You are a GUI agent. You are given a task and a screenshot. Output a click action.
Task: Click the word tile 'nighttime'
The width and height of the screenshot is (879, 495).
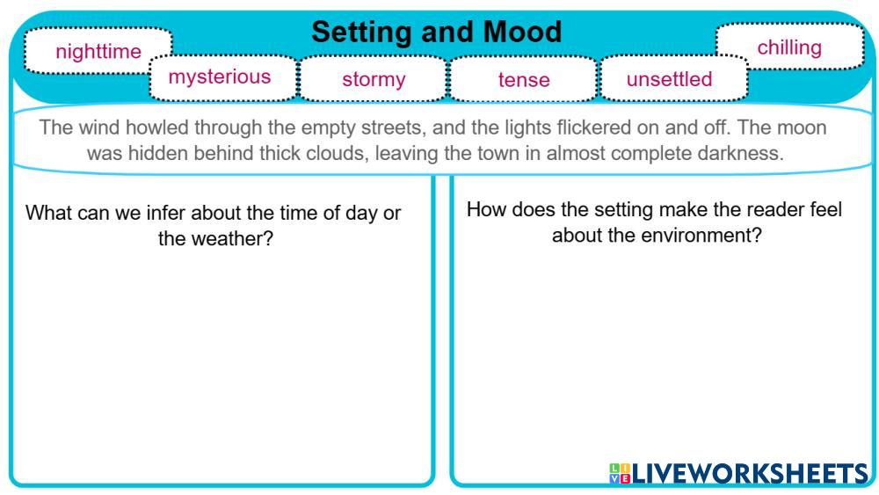pos(98,50)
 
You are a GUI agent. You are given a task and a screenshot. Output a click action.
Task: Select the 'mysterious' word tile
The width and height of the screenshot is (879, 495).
pos(222,77)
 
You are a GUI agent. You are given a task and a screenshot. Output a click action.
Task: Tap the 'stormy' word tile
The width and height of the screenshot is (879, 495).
pos(374,79)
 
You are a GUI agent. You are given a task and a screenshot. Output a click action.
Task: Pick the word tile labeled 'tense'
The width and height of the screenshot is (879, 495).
pos(524,79)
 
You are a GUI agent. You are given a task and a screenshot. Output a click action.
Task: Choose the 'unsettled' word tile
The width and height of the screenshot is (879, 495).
pos(673,78)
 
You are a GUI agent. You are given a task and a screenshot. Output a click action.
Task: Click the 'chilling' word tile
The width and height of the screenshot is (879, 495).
pos(790,47)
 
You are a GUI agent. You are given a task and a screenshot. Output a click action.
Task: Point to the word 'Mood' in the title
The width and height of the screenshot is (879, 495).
pos(522,32)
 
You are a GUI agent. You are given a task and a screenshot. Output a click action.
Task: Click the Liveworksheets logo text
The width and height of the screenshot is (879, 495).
pos(751,474)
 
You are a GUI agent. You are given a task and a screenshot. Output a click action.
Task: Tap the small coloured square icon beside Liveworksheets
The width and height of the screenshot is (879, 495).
pos(620,474)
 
